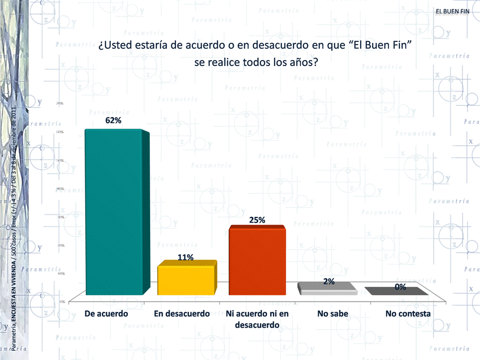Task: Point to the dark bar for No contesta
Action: click(396, 291)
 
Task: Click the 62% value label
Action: click(113, 120)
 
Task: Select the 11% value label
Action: click(186, 257)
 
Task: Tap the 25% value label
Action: click(257, 220)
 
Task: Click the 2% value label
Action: click(328, 281)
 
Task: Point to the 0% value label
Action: click(400, 287)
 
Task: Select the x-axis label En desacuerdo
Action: click(182, 314)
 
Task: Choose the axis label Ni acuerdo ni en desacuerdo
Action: click(257, 319)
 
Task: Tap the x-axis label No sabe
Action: click(332, 314)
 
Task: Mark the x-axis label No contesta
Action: click(408, 314)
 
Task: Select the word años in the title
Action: click(302, 63)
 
